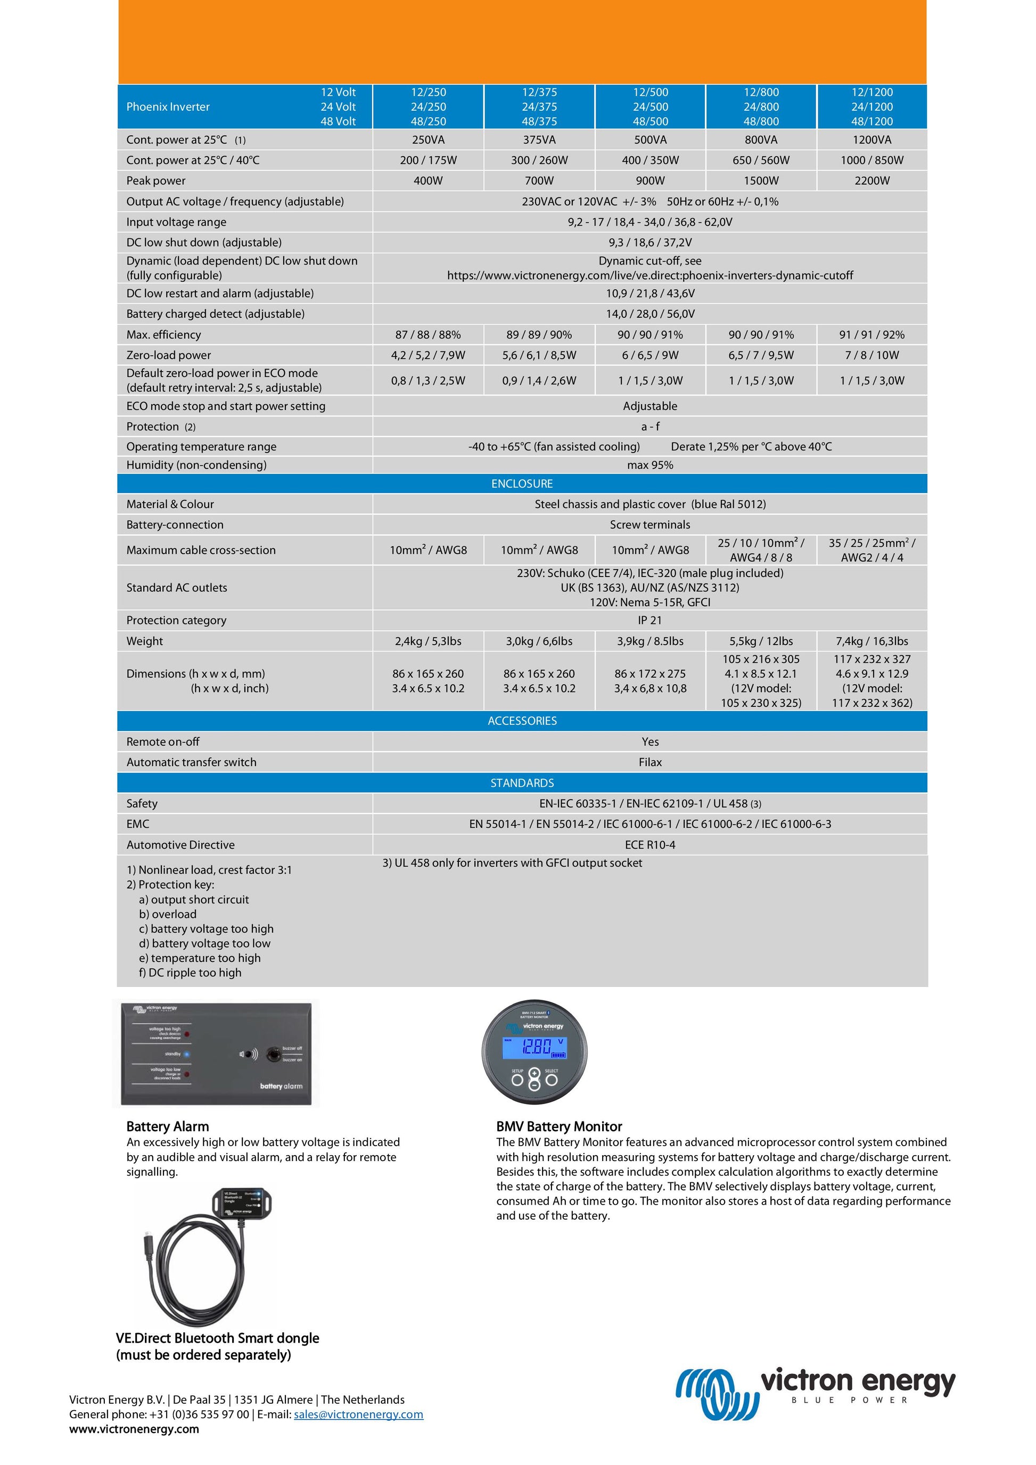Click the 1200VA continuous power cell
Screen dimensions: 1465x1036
tap(871, 139)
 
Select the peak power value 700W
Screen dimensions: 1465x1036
tap(539, 180)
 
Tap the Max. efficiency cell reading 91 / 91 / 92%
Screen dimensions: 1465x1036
tap(871, 334)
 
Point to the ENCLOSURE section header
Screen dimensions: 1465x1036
tap(522, 484)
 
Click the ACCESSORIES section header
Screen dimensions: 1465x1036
tap(522, 720)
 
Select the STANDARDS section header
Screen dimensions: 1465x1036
tap(522, 783)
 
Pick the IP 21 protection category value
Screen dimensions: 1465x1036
tap(649, 620)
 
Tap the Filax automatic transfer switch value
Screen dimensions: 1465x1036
tap(649, 762)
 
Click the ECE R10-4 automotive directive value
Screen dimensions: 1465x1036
tap(649, 845)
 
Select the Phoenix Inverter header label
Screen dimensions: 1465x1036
tap(168, 106)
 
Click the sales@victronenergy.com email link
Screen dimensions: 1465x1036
tap(358, 1414)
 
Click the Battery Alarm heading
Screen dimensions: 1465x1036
tap(167, 1126)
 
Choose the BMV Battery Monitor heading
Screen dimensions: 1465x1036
tap(559, 1126)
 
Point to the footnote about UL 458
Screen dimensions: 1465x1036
tap(512, 863)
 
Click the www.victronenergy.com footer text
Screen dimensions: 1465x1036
tap(134, 1429)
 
